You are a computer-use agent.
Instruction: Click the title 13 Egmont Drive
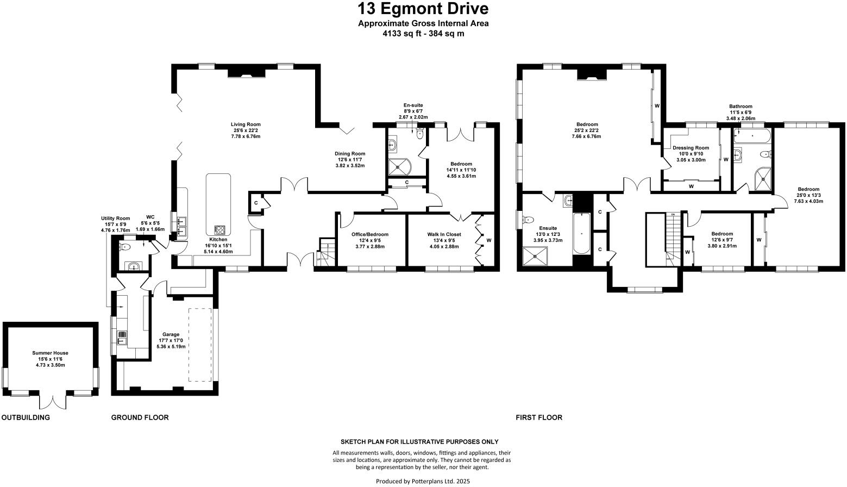423,9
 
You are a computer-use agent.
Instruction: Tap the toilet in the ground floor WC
126,247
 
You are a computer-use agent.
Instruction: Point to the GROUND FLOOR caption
140,417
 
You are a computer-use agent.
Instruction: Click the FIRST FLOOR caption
538,417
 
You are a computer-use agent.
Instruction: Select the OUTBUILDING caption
26,417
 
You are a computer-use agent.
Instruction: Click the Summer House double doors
54,400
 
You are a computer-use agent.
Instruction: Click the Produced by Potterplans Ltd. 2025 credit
423,481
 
